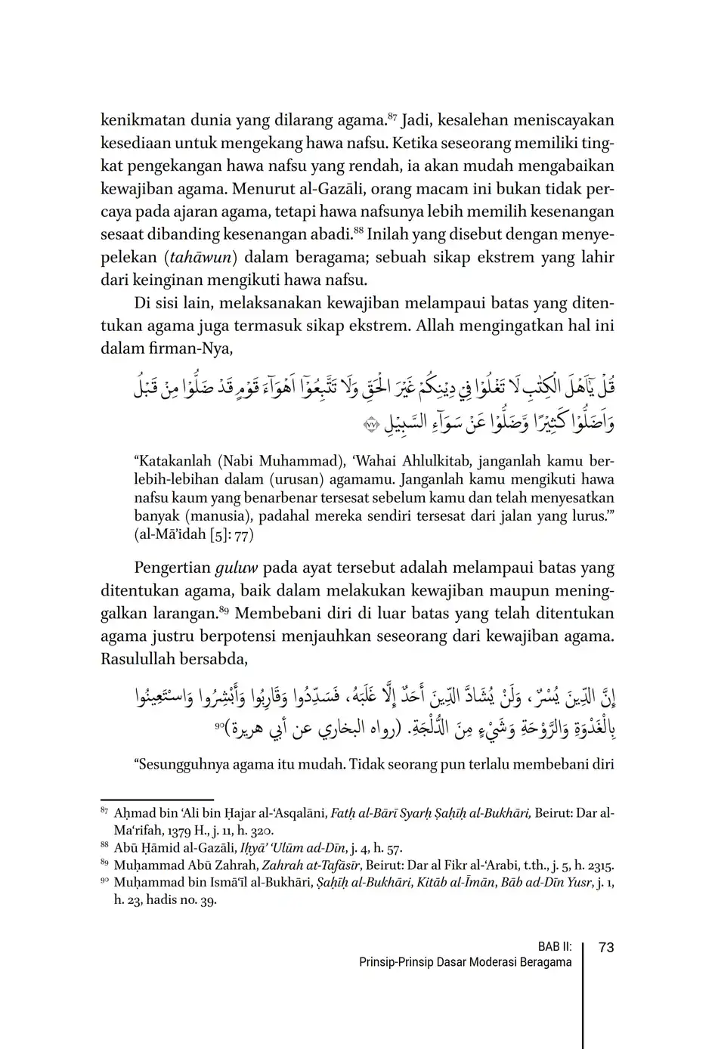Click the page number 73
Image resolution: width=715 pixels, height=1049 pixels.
click(605, 948)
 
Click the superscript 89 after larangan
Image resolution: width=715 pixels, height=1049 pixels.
click(224, 610)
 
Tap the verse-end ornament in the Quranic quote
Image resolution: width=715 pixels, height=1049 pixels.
click(370, 426)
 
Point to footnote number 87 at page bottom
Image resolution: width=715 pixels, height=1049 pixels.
click(104, 811)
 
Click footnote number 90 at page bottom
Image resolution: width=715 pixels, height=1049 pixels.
click(104, 880)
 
